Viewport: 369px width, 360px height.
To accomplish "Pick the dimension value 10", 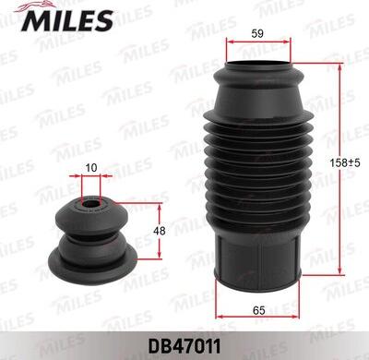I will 90,167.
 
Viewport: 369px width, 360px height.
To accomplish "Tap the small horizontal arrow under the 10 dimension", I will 90,177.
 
